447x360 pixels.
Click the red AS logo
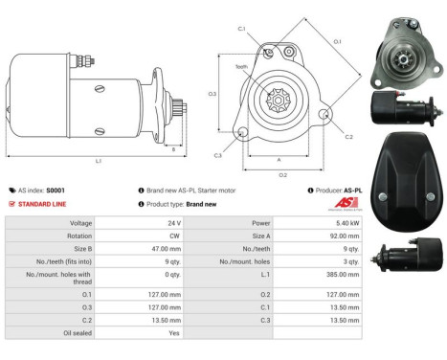click(x=351, y=203)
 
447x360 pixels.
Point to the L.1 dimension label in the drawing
click(x=99, y=161)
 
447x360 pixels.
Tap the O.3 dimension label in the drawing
click(x=212, y=94)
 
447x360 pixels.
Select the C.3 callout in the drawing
click(x=218, y=155)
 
